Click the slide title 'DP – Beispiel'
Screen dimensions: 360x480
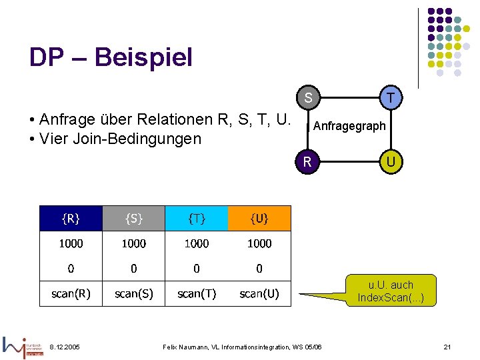point(111,57)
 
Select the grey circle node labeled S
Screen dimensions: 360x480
point(308,98)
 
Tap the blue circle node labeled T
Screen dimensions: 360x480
point(390,98)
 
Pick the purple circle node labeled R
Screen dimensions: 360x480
point(307,161)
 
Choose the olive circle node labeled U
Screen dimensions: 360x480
point(390,161)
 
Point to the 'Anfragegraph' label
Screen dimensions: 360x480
point(349,125)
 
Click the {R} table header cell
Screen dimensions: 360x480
point(71,218)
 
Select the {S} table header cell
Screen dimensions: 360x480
point(133,218)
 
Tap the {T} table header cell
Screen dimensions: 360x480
point(196,218)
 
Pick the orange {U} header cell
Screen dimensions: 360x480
point(259,218)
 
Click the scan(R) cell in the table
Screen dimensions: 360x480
point(71,293)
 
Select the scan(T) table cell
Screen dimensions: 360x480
point(196,293)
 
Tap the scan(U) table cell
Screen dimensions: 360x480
point(259,293)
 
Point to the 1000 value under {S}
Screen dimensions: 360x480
point(133,243)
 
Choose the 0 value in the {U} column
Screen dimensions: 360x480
point(259,269)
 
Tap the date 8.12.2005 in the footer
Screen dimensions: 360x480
point(64,347)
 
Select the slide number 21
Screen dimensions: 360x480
point(447,347)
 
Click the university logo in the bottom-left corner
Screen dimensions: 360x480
point(23,346)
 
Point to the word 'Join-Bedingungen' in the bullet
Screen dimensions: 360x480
point(151,139)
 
